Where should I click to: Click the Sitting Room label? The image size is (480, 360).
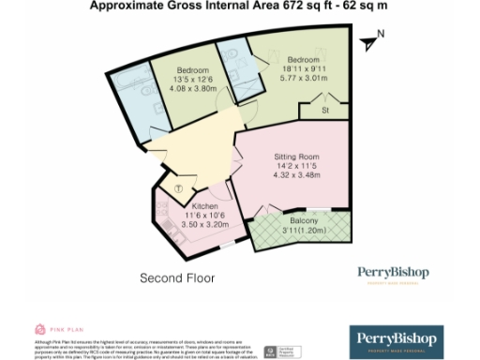295,157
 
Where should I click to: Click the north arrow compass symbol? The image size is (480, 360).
370,41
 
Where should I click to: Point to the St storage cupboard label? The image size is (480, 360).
325,111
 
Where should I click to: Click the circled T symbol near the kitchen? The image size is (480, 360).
179,188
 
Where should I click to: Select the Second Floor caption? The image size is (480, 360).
177,278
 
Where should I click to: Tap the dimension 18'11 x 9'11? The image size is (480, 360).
307,68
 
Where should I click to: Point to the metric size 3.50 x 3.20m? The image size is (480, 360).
203,226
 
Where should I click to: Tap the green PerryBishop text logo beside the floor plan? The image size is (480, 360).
393,274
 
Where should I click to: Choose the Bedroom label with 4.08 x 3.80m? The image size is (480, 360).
192,70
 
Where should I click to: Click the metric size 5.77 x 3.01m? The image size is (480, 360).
307,79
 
